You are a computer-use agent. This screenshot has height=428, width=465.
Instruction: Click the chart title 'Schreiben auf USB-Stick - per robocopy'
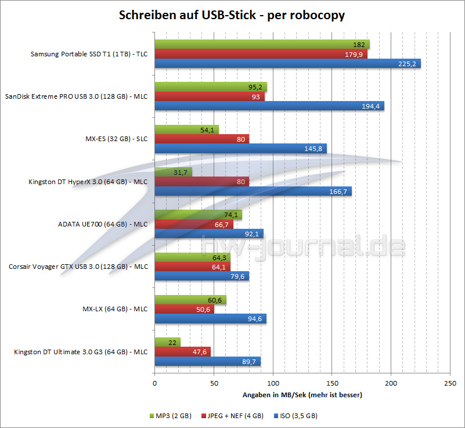point(232,15)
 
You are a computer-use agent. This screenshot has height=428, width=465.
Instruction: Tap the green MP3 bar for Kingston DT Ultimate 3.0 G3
point(167,342)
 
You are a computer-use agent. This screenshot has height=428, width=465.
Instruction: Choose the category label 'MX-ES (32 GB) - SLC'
point(116,139)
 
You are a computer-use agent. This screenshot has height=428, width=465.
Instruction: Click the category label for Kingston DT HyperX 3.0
point(88,182)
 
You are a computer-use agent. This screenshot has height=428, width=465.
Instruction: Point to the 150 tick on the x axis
point(331,383)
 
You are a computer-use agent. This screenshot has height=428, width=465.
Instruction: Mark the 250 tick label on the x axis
point(449,383)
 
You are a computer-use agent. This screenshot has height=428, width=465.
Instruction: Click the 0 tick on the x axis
point(154,383)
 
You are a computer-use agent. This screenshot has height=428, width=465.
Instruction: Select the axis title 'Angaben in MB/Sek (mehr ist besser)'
point(301,395)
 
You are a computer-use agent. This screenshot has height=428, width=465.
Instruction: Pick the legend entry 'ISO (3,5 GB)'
point(298,416)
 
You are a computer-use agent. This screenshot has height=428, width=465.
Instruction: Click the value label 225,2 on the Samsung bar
point(408,64)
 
